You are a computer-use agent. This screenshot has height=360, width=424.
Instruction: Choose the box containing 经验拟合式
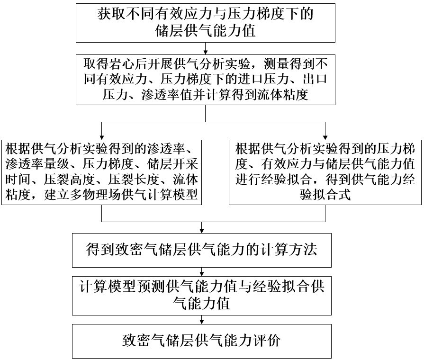coord(325,172)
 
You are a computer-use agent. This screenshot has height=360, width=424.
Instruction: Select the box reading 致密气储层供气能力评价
coord(202,341)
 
